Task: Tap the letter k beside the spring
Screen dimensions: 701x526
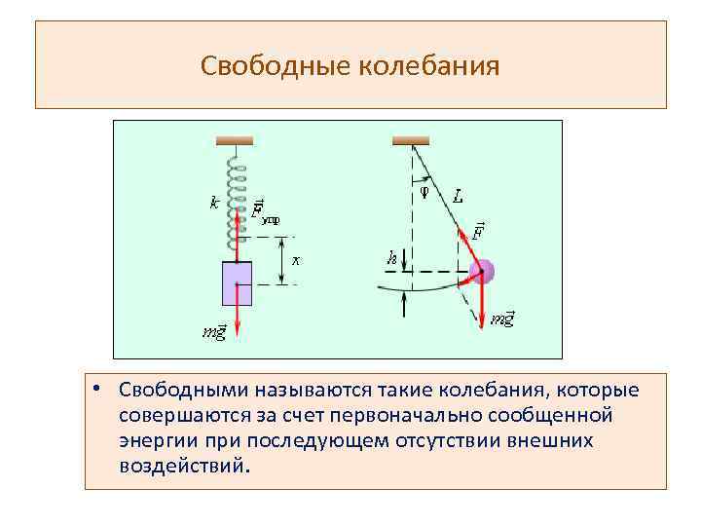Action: click(213, 204)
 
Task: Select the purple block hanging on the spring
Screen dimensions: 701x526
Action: click(238, 283)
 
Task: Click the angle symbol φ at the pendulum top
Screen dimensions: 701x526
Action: click(424, 191)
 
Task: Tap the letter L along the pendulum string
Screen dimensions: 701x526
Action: click(458, 198)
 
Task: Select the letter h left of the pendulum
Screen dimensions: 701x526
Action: click(391, 258)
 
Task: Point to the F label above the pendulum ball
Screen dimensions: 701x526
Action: click(478, 231)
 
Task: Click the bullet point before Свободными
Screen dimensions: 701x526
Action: click(99, 389)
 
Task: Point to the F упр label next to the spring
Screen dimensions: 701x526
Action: click(262, 211)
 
